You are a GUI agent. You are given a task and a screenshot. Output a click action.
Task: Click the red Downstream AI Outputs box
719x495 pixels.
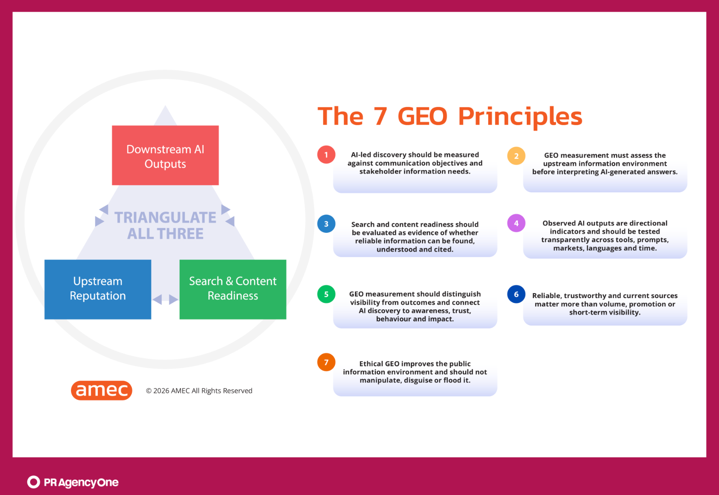click(165, 155)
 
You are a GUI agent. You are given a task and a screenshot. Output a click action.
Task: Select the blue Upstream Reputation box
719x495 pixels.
click(98, 289)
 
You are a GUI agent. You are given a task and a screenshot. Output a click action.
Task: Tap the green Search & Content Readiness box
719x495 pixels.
click(233, 289)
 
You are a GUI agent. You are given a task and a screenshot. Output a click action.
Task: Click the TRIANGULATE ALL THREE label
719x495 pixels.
click(166, 225)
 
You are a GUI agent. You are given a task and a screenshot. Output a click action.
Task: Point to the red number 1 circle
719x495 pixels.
click(326, 155)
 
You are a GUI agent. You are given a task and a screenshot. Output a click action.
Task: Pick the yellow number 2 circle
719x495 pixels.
click(516, 156)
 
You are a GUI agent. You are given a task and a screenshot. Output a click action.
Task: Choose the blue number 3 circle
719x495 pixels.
click(326, 224)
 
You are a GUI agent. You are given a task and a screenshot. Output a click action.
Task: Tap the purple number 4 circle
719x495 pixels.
click(516, 223)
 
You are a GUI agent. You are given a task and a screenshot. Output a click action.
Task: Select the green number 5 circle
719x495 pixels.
click(326, 294)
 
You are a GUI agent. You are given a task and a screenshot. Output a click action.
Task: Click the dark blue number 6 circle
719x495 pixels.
click(516, 294)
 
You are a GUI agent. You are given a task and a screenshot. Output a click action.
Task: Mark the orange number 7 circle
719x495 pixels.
click(326, 362)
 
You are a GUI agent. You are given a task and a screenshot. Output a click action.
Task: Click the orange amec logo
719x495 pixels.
click(102, 390)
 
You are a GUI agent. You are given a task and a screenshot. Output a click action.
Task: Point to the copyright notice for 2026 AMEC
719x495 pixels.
click(199, 390)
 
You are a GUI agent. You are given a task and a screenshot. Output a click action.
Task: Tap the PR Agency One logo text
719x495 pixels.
click(81, 482)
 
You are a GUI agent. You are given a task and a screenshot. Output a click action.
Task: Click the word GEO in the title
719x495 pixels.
click(422, 116)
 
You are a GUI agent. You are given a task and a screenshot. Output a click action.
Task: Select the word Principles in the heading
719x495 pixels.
click(520, 117)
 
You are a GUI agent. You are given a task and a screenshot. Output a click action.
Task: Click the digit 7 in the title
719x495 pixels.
click(380, 116)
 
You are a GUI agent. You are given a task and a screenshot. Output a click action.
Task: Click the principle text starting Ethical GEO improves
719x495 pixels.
click(415, 372)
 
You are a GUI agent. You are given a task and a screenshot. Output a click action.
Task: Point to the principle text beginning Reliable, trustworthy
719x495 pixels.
click(605, 304)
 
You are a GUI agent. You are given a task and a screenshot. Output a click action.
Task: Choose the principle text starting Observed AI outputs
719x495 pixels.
click(605, 236)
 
